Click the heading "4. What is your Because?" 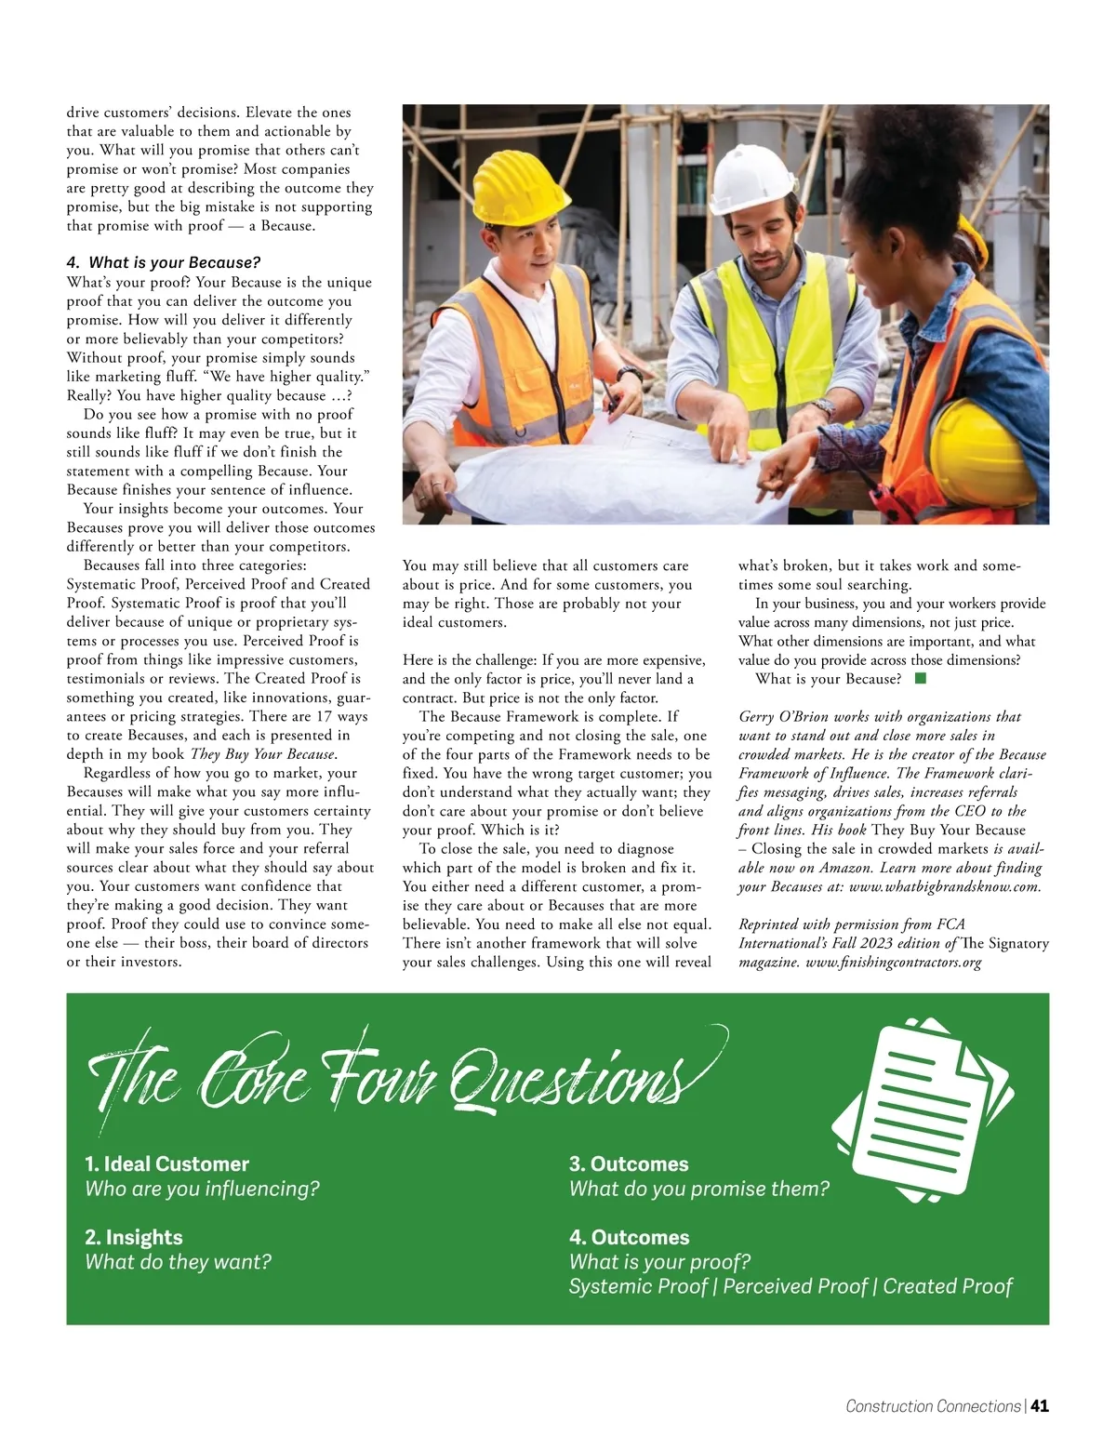pyautogui.click(x=164, y=262)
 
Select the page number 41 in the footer pyautogui.click(x=1040, y=1406)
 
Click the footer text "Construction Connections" pyautogui.click(x=933, y=1406)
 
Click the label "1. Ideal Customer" pyautogui.click(x=167, y=1164)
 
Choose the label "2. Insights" pyautogui.click(x=134, y=1238)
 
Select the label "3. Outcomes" pyautogui.click(x=629, y=1164)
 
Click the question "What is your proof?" pyautogui.click(x=659, y=1262)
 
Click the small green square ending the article pyautogui.click(x=921, y=679)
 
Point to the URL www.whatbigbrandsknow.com pyautogui.click(x=945, y=886)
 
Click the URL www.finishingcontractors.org pyautogui.click(x=894, y=962)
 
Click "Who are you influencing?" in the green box pyautogui.click(x=203, y=1189)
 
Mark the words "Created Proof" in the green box pyautogui.click(x=948, y=1286)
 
